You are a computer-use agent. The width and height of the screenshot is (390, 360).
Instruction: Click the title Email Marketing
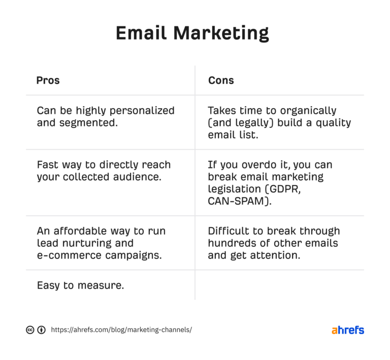192,34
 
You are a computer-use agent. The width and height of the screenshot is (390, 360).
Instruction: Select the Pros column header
48,81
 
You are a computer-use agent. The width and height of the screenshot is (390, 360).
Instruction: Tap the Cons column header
221,81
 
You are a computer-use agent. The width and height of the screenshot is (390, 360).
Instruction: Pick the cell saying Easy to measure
80,285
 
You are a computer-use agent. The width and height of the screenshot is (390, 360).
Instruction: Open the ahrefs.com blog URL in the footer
121,330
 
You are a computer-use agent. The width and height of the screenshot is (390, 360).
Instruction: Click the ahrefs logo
348,330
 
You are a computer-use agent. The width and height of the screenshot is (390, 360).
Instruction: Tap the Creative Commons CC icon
30,330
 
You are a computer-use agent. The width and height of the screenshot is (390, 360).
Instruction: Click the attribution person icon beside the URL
41,330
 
